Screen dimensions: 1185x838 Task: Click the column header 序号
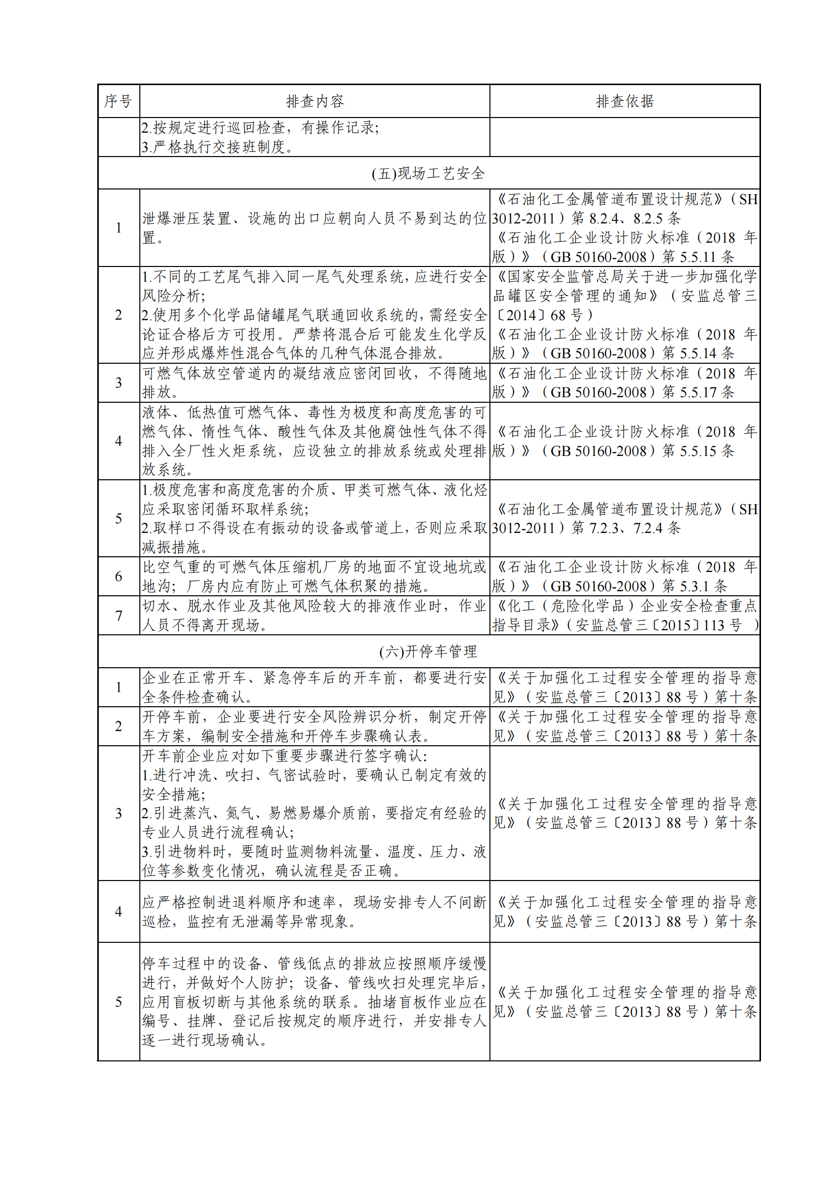tap(118, 101)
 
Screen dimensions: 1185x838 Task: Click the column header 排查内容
tap(314, 101)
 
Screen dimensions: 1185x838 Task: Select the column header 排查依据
tap(624, 101)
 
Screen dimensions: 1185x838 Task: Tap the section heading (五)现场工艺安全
tap(428, 173)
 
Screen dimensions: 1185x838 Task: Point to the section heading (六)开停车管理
tap(428, 652)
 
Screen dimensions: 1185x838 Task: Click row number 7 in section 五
tap(118, 616)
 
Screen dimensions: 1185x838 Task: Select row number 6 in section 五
tap(118, 577)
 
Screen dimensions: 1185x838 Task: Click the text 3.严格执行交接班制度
tap(218, 147)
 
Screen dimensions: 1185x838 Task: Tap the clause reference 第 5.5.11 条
tap(698, 257)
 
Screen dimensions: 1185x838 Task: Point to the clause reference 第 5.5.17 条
tap(698, 392)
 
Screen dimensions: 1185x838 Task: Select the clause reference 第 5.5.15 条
tap(698, 451)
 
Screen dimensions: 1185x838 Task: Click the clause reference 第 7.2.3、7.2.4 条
tap(625, 528)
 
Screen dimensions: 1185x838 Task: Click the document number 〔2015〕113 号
tap(697, 626)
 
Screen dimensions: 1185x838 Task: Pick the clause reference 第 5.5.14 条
tap(698, 354)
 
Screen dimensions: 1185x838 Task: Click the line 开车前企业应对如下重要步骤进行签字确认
tap(284, 756)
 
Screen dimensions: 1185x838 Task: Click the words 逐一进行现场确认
tap(204, 1040)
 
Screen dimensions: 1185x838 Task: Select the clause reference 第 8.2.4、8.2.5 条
tap(625, 218)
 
